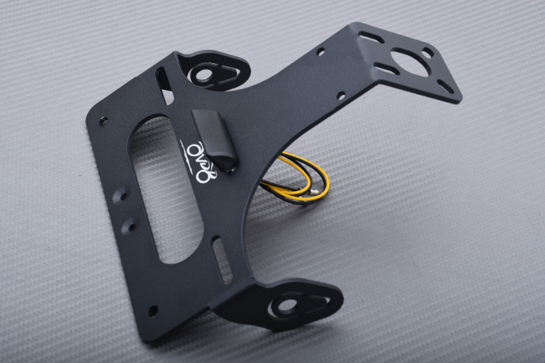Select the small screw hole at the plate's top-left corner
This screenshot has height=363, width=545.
click(x=103, y=121)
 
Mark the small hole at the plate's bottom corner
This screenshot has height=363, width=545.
click(x=152, y=310)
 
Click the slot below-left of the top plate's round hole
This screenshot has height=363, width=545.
click(x=386, y=69)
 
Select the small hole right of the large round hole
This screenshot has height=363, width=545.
click(x=427, y=53)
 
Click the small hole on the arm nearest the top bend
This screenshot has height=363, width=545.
click(x=321, y=52)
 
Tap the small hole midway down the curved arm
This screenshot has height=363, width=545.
click(x=340, y=97)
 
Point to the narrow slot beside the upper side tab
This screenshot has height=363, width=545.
click(x=163, y=83)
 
